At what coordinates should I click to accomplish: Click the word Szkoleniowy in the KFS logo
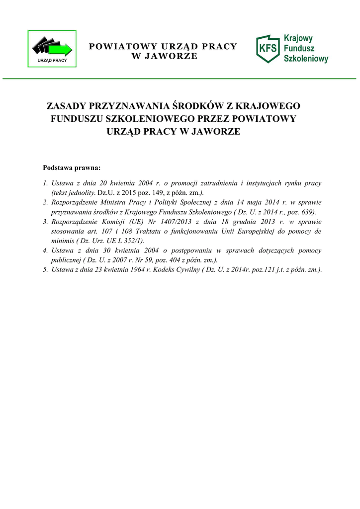click(x=306, y=59)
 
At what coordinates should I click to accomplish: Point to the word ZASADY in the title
click(x=66, y=106)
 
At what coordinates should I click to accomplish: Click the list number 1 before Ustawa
click(x=45, y=183)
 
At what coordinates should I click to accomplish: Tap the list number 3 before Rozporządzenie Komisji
click(x=45, y=222)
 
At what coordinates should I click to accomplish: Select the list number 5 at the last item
click(x=45, y=269)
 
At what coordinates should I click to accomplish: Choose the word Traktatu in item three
click(x=143, y=231)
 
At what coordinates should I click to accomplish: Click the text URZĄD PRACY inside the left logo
click(x=52, y=61)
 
